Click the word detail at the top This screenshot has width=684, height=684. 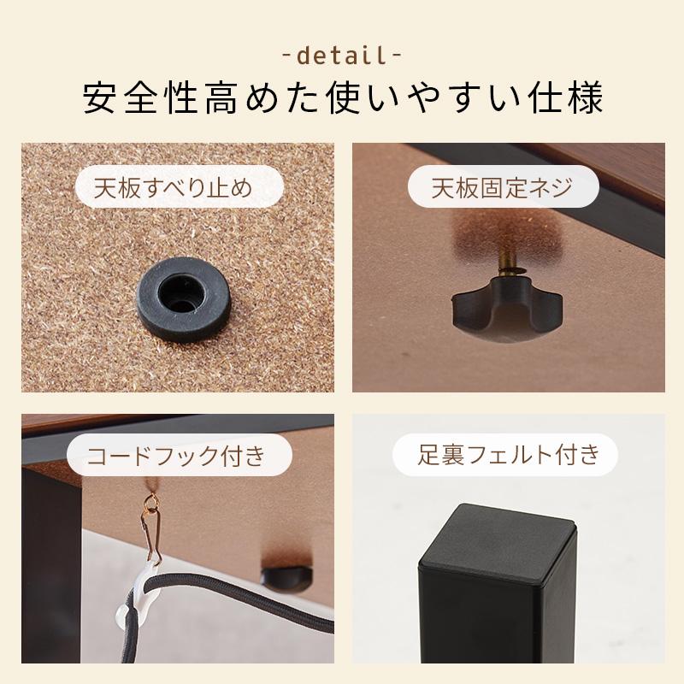(x=342, y=57)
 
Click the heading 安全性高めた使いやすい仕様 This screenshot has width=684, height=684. (x=342, y=99)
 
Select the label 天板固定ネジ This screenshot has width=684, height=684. (x=502, y=187)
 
